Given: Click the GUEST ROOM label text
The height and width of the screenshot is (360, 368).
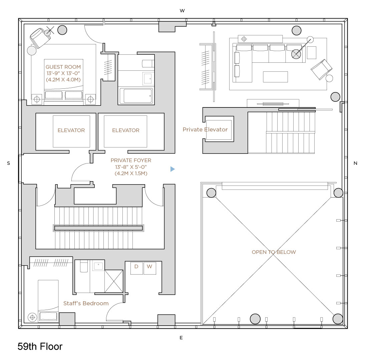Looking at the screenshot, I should (x=63, y=67).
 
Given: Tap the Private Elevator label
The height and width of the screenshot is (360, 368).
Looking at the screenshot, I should (x=205, y=130).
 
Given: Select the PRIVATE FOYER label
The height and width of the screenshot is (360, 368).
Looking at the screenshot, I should (x=131, y=160).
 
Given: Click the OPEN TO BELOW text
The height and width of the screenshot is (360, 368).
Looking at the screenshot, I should (x=274, y=252).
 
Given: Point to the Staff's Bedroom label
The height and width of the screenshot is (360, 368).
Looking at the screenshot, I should (x=86, y=304).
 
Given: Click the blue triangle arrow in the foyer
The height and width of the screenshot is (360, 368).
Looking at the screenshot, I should (x=172, y=169).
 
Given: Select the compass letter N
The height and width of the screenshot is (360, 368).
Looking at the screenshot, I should (x=355, y=163).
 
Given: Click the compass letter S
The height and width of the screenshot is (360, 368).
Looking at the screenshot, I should (x=8, y=163).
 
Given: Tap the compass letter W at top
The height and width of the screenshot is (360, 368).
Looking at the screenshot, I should (x=182, y=11).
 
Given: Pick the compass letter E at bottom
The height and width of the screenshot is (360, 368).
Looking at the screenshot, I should (x=181, y=338).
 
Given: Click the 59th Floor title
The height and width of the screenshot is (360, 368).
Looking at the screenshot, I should (x=40, y=347).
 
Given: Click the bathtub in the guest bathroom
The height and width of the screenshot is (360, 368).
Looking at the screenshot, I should (x=136, y=96).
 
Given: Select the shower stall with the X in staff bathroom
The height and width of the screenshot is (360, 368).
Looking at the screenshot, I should (x=114, y=281).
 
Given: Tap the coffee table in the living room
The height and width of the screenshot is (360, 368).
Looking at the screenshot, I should (x=275, y=77).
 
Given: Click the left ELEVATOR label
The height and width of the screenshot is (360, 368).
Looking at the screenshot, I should (x=71, y=130).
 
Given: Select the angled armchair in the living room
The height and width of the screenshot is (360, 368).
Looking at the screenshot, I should (x=321, y=69).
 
